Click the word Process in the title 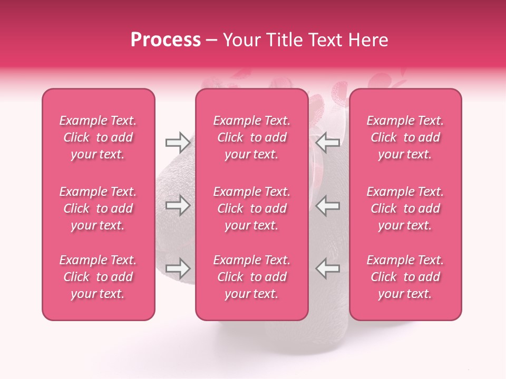(166, 40)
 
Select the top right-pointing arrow (178, 142)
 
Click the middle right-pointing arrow (178, 206)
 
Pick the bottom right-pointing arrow (178, 268)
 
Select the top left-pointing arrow (328, 142)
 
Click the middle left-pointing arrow (328, 206)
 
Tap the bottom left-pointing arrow (328, 268)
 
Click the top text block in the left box (98, 137)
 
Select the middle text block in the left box (98, 208)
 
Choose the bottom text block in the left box (98, 277)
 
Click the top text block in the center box (252, 137)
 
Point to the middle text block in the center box (252, 208)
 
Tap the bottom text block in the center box (252, 277)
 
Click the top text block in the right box (405, 137)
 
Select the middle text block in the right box (405, 208)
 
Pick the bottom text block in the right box (405, 277)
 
